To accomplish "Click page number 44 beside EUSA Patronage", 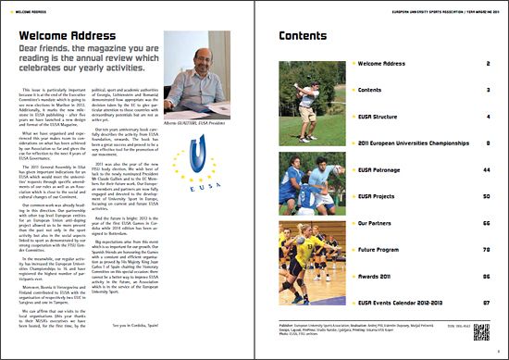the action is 487,170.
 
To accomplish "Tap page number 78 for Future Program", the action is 487,249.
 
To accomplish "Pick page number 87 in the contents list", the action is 487,302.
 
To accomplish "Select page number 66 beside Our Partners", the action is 487,223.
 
